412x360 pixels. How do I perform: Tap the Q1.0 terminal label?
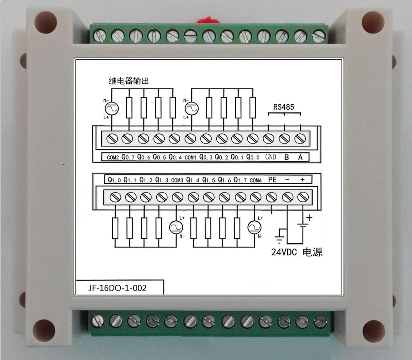coord(114,180)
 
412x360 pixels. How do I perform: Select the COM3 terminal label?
coord(177,180)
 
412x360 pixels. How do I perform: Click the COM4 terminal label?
coord(256,180)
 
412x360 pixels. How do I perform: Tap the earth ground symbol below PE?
coord(280,239)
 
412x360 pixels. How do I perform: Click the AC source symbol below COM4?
coord(253,227)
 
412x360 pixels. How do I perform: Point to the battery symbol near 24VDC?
coord(302,225)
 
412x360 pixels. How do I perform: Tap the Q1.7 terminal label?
coord(240,180)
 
